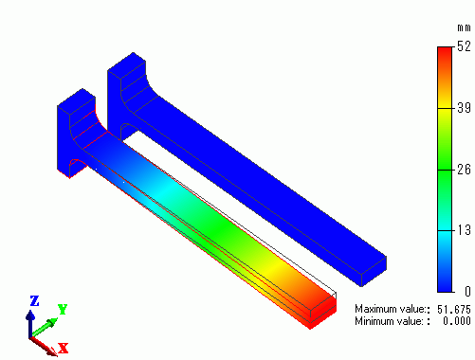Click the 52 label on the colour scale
click(x=464, y=46)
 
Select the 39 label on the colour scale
click(x=464, y=108)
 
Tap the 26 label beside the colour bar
click(x=464, y=170)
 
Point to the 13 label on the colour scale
click(x=464, y=230)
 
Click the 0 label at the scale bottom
click(x=467, y=291)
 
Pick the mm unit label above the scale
click(x=464, y=28)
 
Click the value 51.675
click(x=454, y=309)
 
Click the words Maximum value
click(x=390, y=309)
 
